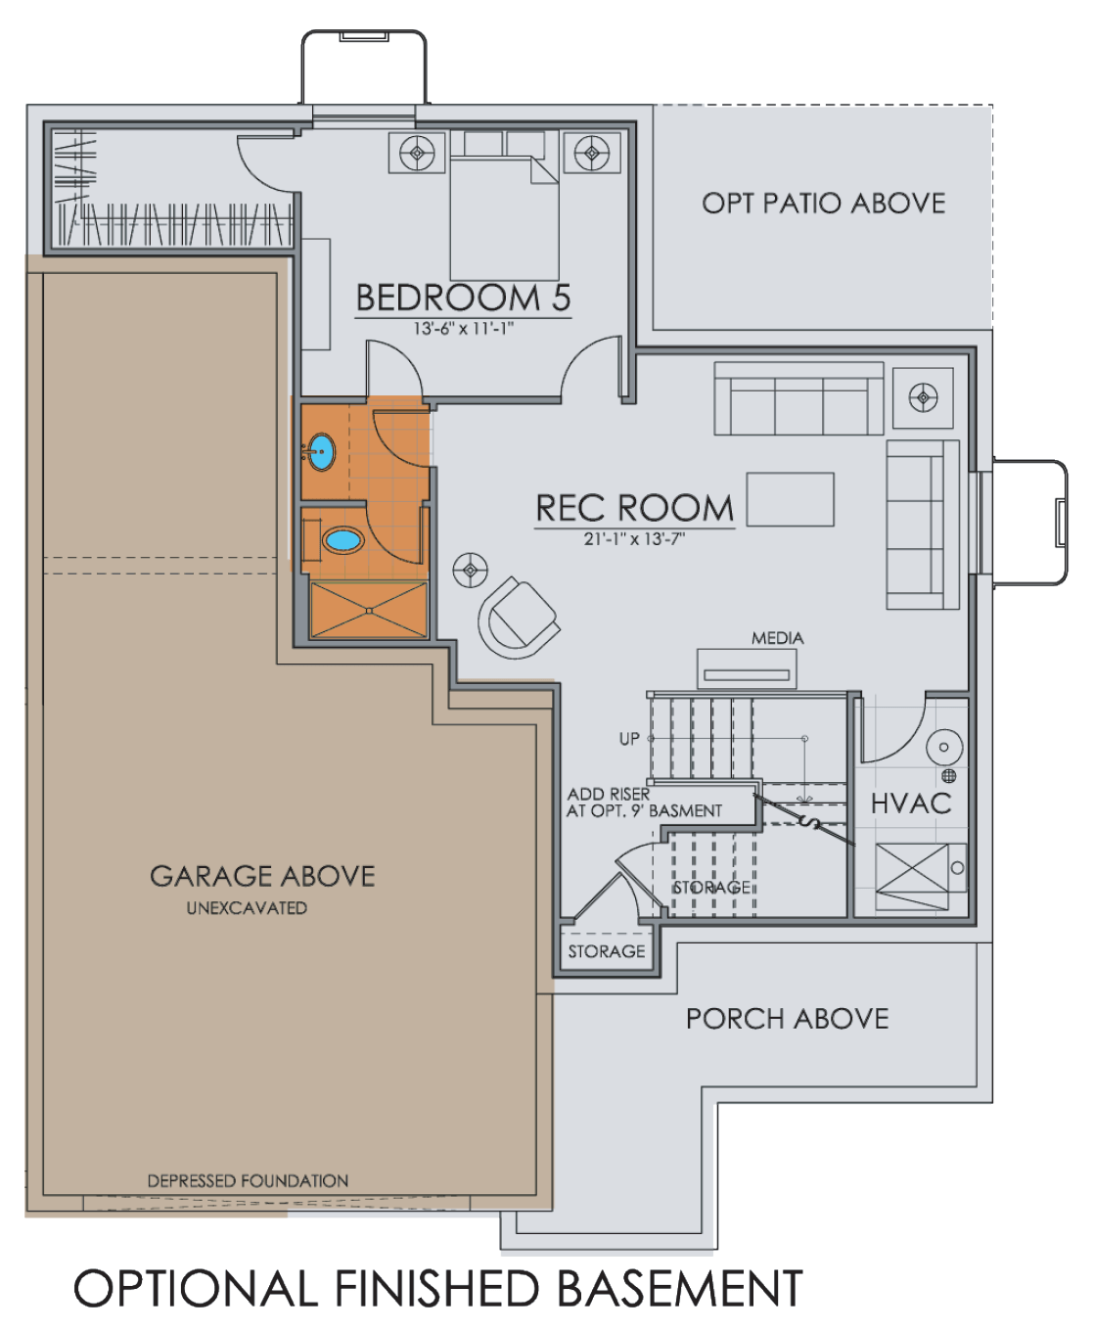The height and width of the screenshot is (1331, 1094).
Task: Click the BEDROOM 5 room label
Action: tap(463, 298)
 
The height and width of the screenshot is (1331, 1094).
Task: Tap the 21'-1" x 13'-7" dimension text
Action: tap(634, 538)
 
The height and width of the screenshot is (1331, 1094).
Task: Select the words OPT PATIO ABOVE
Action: tap(823, 204)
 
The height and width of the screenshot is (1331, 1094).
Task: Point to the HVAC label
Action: tap(911, 803)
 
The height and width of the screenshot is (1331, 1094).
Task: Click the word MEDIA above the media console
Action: tap(777, 638)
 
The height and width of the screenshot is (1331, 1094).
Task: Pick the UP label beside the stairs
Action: tap(629, 739)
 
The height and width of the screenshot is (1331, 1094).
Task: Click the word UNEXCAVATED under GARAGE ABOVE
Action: tap(247, 908)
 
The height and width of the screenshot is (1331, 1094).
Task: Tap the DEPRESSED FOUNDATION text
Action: tap(248, 1181)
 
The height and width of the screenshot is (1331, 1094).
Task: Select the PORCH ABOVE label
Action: tap(787, 1019)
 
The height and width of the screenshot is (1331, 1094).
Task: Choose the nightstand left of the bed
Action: tap(418, 153)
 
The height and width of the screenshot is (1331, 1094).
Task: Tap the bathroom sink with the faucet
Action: tap(320, 451)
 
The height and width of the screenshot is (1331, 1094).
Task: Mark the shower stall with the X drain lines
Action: tap(369, 611)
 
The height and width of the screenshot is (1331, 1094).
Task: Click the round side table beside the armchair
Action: tap(471, 570)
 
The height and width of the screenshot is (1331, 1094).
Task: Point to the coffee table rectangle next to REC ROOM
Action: tap(790, 499)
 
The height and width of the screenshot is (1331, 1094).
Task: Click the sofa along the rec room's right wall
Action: tap(922, 525)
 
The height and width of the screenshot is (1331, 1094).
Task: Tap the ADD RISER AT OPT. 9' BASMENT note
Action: tap(644, 803)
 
